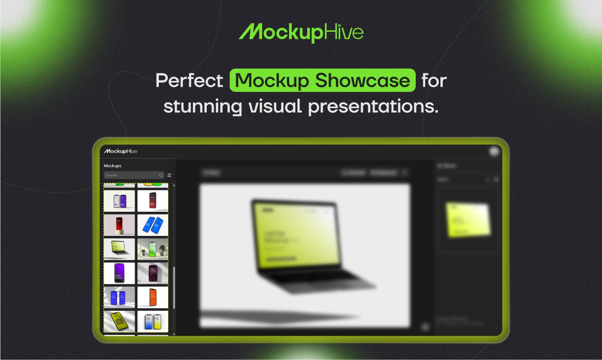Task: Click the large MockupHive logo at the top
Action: coord(301,32)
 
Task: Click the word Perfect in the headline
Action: coord(189,81)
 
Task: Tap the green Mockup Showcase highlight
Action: coord(322,81)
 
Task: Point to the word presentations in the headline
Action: coord(373,107)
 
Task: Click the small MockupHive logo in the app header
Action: coord(121,151)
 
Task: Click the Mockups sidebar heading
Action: coord(113,166)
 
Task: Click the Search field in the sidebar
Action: coord(130,175)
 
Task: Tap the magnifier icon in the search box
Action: coord(161,175)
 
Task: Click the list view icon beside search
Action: coord(169,175)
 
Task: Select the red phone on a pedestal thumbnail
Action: coord(119,225)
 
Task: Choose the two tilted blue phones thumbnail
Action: coord(153,225)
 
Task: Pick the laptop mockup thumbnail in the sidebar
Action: coord(119,249)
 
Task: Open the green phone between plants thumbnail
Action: coord(153,249)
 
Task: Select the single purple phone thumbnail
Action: coord(119,273)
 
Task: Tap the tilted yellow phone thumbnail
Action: coord(119,321)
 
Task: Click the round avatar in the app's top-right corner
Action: coord(495,152)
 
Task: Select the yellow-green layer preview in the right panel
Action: coord(467,219)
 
